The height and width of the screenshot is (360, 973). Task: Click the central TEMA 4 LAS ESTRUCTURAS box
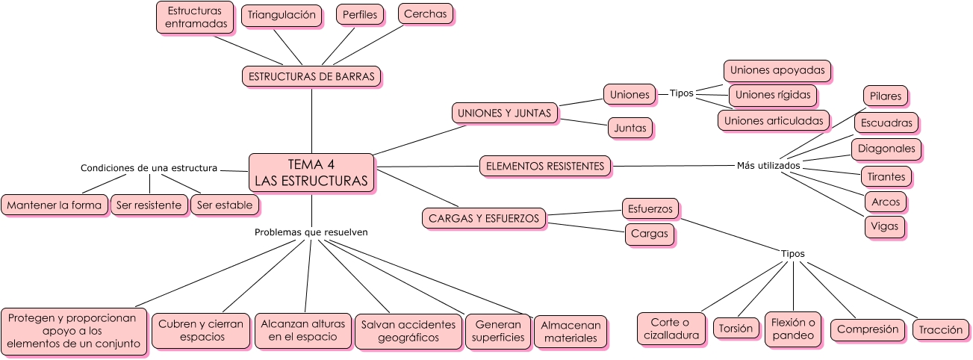311,173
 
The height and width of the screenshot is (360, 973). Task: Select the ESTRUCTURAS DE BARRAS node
311,76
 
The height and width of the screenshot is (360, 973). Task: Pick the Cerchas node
425,13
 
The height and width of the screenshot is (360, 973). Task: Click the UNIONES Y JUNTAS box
505,113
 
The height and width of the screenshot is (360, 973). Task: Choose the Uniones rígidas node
772,95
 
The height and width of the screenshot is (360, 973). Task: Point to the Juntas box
630,128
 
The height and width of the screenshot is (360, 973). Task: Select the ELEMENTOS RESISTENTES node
544,166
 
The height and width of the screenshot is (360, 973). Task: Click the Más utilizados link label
768,165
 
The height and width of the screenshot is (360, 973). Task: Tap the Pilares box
885,96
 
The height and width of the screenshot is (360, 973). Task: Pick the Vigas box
885,226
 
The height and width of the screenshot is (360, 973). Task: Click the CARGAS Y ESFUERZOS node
483,219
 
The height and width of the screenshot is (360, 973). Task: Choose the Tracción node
940,329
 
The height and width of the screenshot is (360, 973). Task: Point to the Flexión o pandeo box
792,329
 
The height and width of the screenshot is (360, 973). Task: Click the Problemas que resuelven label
311,232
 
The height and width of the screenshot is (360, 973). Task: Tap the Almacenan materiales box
570,332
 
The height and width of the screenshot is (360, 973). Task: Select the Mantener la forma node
55,205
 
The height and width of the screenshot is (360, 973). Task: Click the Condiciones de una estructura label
149,168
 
